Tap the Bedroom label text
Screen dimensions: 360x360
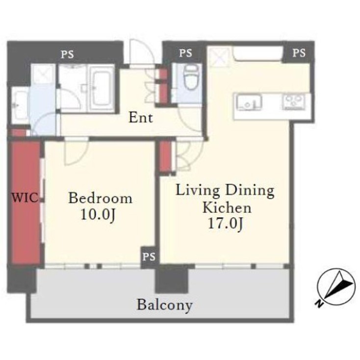100,199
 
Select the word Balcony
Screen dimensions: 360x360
165,305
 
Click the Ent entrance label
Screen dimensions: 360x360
141,118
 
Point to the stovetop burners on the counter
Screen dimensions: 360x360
293,102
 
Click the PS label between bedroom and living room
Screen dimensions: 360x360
149,257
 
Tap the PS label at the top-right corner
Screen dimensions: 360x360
299,53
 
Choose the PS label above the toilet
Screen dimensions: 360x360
185,53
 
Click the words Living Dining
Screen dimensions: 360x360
225,190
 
